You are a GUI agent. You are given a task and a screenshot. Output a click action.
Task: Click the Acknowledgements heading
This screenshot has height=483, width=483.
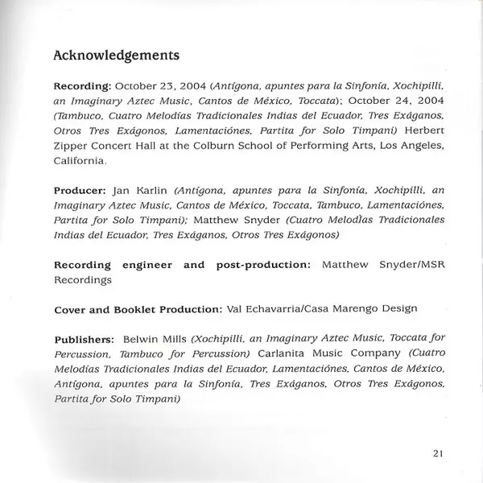click(116, 56)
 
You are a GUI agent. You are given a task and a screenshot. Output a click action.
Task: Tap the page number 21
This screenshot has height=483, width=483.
click(438, 453)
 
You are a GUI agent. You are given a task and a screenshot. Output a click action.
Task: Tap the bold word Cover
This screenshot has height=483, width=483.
click(72, 310)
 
